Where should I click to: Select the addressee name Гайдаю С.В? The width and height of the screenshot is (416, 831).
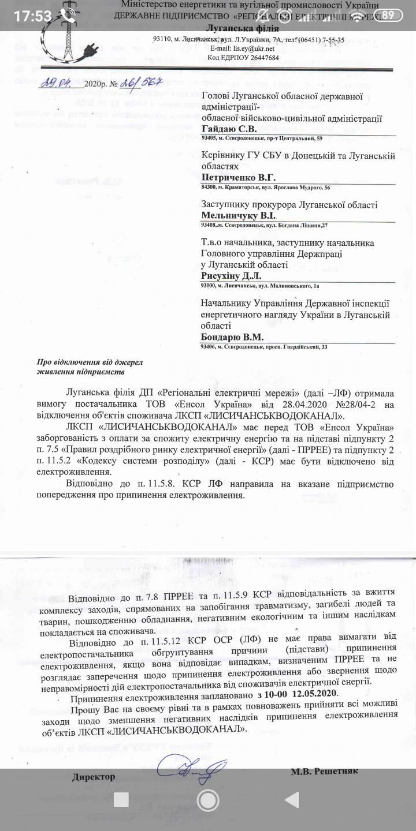click(229, 129)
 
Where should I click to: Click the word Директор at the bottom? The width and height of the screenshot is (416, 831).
click(94, 777)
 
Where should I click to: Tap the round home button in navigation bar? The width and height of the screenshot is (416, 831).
click(208, 800)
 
